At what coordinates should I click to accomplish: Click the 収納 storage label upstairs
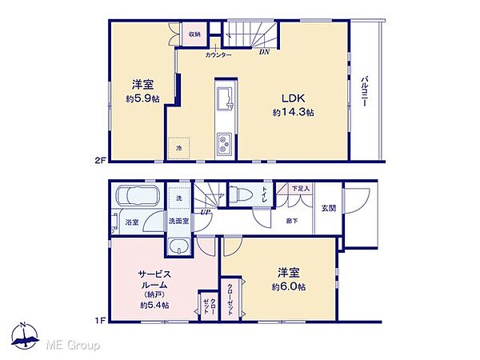[195, 35]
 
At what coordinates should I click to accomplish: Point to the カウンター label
[218, 54]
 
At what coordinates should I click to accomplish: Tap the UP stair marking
[206, 212]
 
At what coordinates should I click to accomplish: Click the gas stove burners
[223, 145]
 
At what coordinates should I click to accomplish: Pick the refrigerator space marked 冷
[179, 148]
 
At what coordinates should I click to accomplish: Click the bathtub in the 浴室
[138, 197]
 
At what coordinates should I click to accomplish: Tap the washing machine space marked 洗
[178, 197]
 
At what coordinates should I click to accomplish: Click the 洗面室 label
[178, 221]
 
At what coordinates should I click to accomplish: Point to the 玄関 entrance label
[329, 209]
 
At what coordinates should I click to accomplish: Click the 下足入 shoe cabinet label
[300, 189]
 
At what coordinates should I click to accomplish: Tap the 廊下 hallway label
[293, 221]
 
